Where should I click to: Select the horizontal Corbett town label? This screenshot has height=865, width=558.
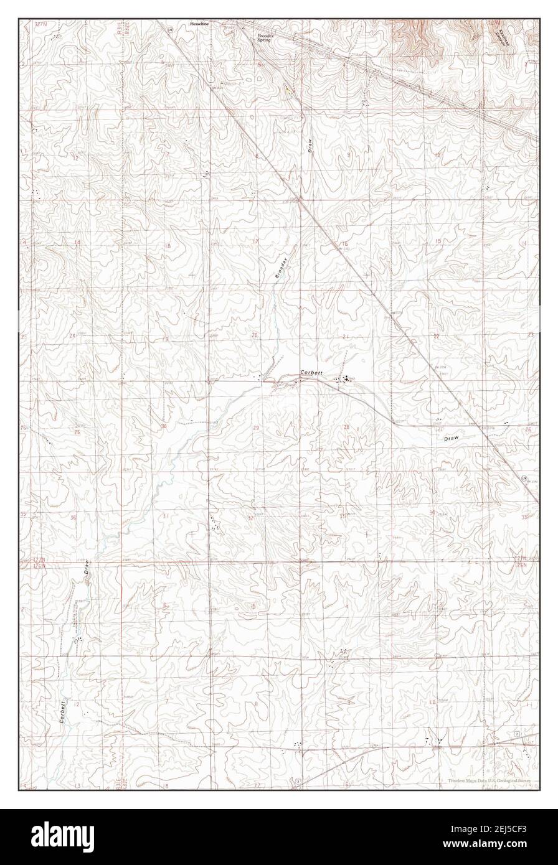[311, 372]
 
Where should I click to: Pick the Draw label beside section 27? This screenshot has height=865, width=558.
[452, 438]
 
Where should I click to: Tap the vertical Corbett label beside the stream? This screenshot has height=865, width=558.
[64, 711]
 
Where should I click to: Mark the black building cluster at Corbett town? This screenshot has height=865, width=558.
[343, 379]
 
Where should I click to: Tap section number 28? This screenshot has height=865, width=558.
[346, 427]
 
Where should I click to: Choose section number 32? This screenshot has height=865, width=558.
[250, 518]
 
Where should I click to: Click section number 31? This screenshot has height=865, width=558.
[166, 517]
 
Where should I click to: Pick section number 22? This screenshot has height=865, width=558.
[437, 336]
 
